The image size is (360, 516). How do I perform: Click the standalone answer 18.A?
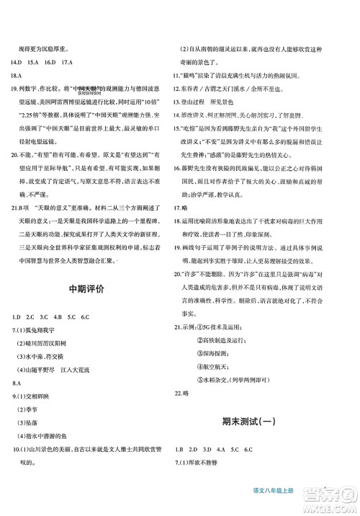coord(17,74)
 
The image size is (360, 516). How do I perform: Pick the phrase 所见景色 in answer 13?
coord(237,103)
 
